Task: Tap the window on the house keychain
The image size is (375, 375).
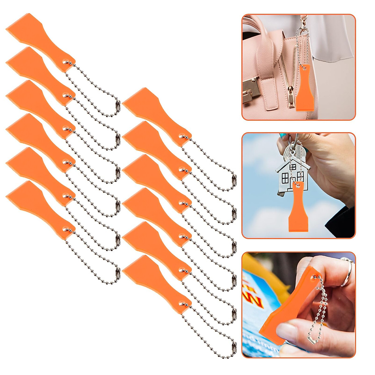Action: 285,178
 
